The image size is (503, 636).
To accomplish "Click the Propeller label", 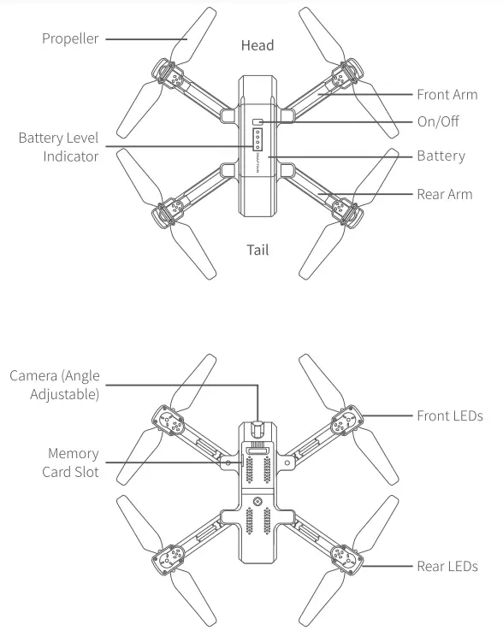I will [x=70, y=38].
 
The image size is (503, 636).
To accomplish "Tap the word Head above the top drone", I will [x=257, y=45].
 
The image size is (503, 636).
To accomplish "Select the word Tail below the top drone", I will [x=257, y=250].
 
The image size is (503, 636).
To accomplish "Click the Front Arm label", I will [x=447, y=95].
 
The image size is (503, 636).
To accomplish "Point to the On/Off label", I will [x=438, y=121].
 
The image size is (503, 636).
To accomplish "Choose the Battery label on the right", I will [x=441, y=156].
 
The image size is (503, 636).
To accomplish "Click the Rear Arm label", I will [x=444, y=194].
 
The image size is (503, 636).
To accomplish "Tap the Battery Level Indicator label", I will [x=59, y=147].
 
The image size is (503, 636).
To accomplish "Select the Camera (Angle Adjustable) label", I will [x=55, y=385].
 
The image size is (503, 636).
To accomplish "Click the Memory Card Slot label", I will [x=73, y=462].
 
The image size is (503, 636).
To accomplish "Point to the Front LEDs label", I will [x=450, y=416].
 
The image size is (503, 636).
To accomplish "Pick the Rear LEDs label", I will [x=447, y=566].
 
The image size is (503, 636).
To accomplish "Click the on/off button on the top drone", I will [x=257, y=121].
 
